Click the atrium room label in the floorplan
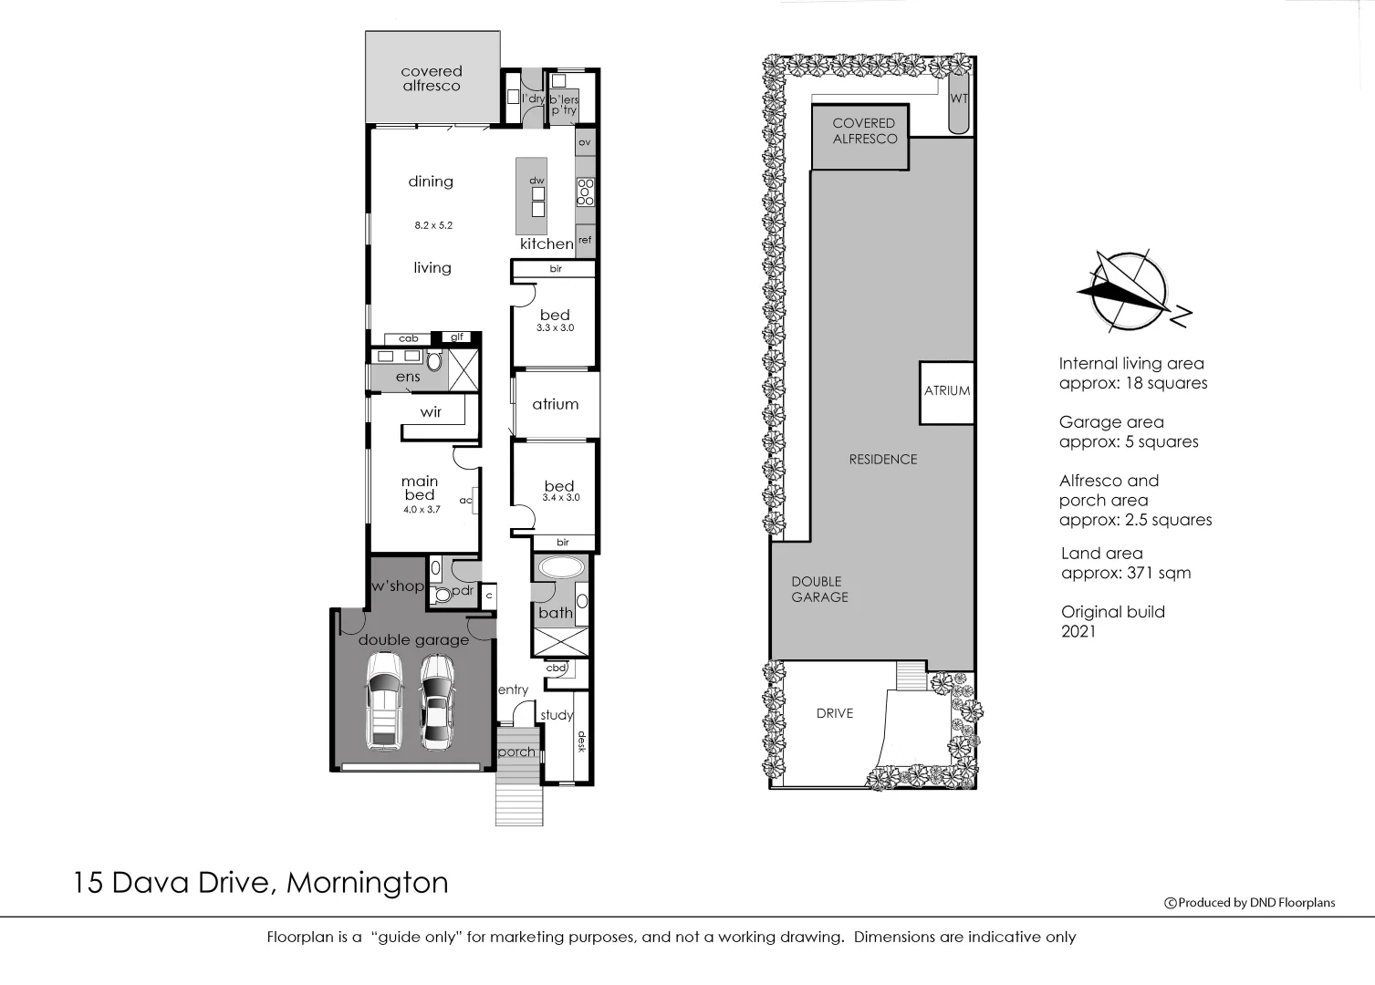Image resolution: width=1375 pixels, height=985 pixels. tap(555, 404)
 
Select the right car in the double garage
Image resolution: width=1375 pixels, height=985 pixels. tap(437, 702)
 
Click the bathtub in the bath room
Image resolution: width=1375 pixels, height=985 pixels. tap(562, 567)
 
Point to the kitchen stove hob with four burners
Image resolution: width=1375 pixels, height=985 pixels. tap(585, 192)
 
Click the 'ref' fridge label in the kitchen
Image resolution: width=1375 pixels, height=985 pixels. tap(585, 240)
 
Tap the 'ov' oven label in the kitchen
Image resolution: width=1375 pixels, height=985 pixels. tap(585, 142)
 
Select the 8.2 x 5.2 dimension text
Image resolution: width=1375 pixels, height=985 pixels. tap(433, 225)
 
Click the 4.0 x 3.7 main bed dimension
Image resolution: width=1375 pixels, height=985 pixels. tap(422, 510)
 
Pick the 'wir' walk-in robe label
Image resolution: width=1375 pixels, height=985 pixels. tap(431, 412)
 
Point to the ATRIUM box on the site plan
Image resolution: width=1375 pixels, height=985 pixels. tap(947, 391)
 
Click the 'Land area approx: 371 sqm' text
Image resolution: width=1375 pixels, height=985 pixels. tap(1125, 564)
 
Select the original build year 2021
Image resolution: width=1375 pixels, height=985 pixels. tap(1078, 631)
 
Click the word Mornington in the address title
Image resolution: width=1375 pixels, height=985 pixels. tap(367, 883)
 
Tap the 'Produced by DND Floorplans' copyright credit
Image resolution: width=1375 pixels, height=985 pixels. tap(1249, 903)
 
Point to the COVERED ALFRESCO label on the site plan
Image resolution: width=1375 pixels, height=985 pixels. tap(864, 131)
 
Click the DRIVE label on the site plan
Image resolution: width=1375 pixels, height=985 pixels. tap(834, 713)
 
